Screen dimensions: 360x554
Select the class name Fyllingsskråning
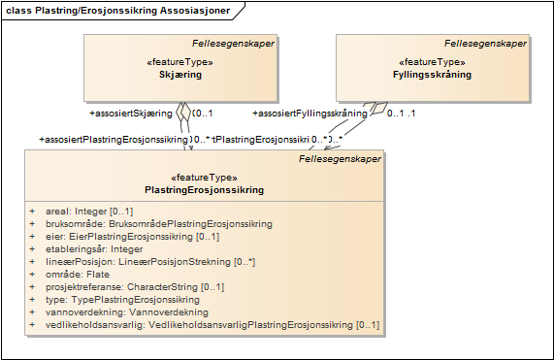[432, 75]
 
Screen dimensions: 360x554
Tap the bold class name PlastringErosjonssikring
[204, 190]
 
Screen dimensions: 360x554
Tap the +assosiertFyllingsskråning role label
[309, 114]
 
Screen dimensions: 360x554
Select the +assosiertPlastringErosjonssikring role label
[114, 140]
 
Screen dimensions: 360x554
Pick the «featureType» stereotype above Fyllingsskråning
[432, 62]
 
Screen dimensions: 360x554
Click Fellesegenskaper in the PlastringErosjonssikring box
[339, 158]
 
